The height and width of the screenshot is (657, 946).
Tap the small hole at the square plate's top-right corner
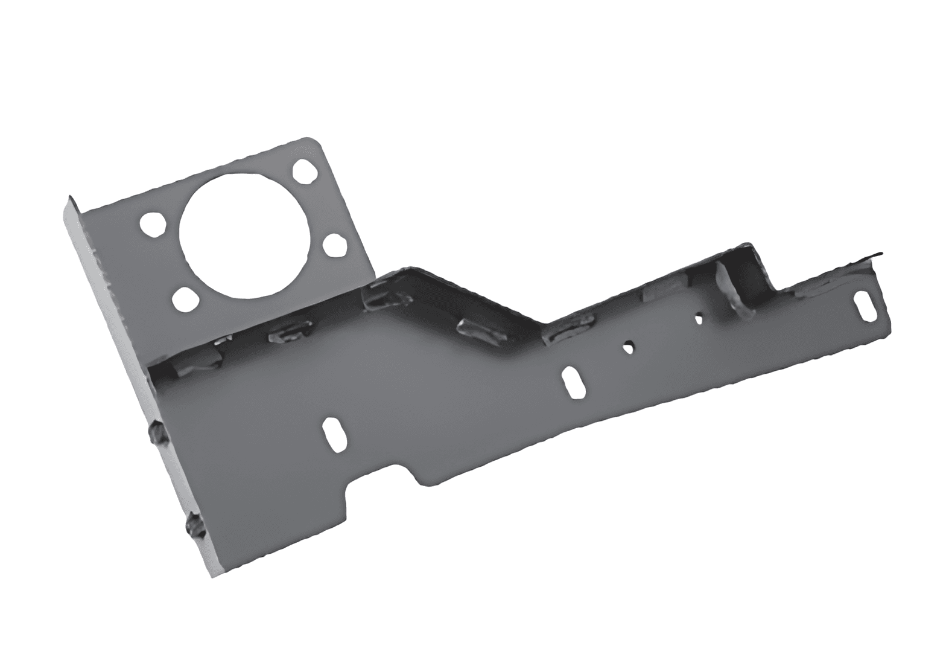[x=305, y=171]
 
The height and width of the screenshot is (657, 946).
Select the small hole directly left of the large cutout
[x=153, y=223]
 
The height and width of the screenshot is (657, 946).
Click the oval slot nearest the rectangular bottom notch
[x=334, y=434]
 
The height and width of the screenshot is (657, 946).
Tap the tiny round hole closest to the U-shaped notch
[x=699, y=317]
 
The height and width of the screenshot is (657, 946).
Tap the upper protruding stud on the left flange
[x=156, y=434]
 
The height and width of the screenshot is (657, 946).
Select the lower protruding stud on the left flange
[x=195, y=525]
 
